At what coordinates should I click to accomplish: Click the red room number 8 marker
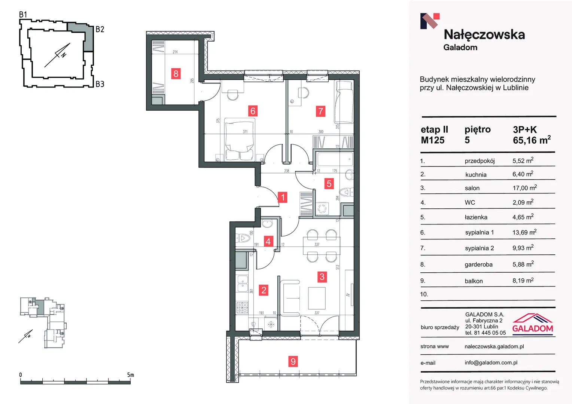[176, 74]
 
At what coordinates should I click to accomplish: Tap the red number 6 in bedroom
[253, 111]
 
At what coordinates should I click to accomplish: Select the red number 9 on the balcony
[293, 361]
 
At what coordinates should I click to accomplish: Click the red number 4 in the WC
[268, 241]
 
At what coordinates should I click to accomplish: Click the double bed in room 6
[240, 140]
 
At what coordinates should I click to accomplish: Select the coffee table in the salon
[317, 298]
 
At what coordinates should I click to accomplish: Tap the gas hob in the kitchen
[242, 307]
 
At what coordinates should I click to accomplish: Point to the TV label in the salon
[348, 295]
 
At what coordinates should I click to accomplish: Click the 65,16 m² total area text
[532, 140]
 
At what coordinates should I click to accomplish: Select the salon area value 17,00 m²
[524, 188]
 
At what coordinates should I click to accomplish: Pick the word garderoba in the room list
[478, 264]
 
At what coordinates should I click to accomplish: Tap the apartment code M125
[433, 140]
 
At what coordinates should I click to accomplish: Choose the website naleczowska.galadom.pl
[494, 346]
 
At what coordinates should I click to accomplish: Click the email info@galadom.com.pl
[491, 362]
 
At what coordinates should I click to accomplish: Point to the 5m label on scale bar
[131, 375]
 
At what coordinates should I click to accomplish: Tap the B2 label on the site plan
[100, 29]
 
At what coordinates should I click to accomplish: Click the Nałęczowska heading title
[484, 35]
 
